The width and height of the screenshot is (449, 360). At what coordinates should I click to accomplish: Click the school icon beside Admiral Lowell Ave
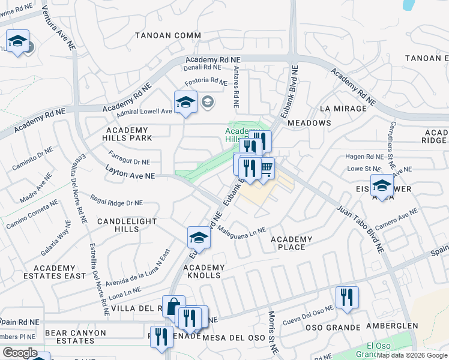tap(185, 103)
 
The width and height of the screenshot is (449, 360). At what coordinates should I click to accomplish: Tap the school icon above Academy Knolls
tap(199, 238)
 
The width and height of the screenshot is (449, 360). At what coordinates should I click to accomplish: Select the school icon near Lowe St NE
tap(382, 186)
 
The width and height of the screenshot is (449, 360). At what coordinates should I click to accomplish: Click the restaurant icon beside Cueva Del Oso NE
tap(347, 298)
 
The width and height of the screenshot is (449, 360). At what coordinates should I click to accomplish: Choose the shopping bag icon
tap(173, 307)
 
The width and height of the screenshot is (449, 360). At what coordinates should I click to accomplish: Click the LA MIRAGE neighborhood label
tap(343, 109)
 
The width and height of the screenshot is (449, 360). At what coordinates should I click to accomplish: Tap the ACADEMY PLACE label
tap(291, 244)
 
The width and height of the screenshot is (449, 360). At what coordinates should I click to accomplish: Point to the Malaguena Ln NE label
tap(241, 230)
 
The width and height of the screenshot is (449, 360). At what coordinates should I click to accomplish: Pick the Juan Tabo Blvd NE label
tap(360, 228)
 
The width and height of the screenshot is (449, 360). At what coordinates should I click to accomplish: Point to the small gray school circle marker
tap(208, 101)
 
